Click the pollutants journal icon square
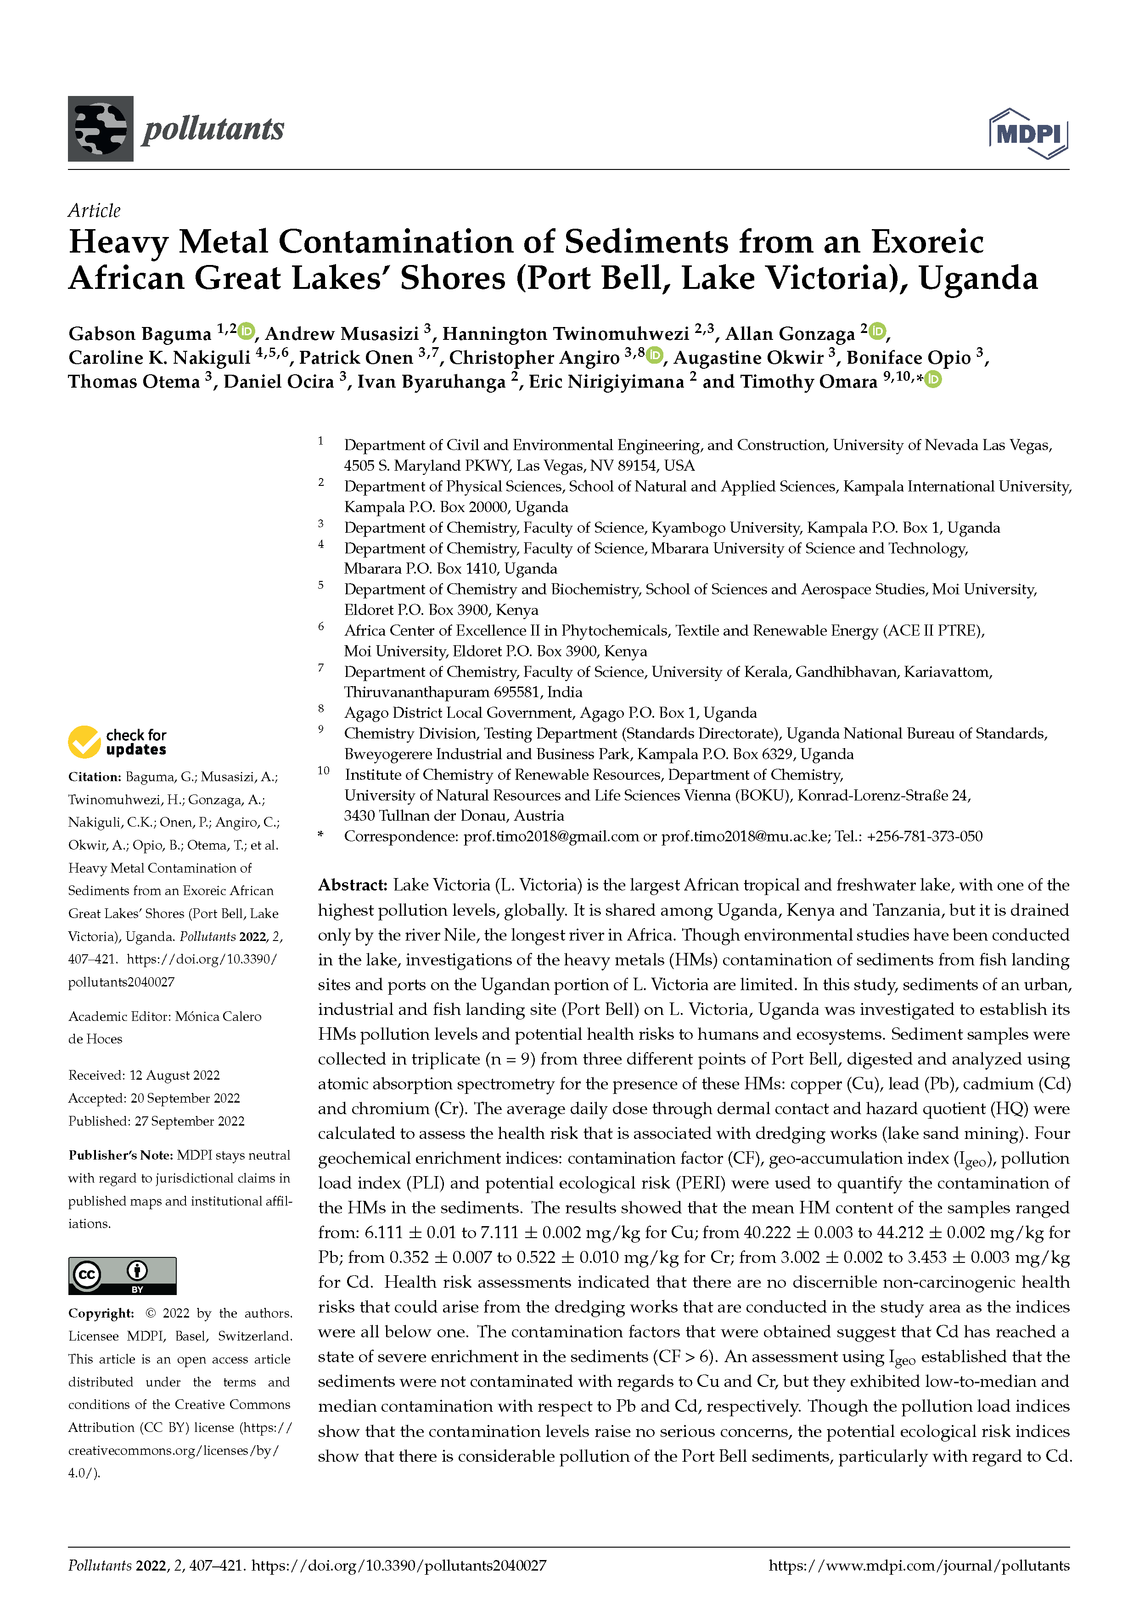click(x=100, y=129)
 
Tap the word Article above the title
click(x=94, y=210)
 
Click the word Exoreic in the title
click(x=927, y=242)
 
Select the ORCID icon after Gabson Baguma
click(x=246, y=331)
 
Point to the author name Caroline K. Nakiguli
click(x=159, y=358)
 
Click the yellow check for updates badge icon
click(x=84, y=742)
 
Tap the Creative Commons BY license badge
click(x=122, y=1276)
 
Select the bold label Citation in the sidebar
click(x=94, y=777)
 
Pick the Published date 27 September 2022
click(x=189, y=1121)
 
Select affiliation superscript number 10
click(x=323, y=771)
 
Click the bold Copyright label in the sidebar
click(x=100, y=1313)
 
